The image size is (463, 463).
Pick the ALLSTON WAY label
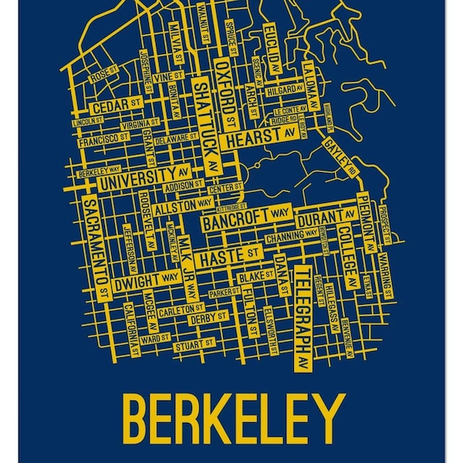click(x=183, y=206)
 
